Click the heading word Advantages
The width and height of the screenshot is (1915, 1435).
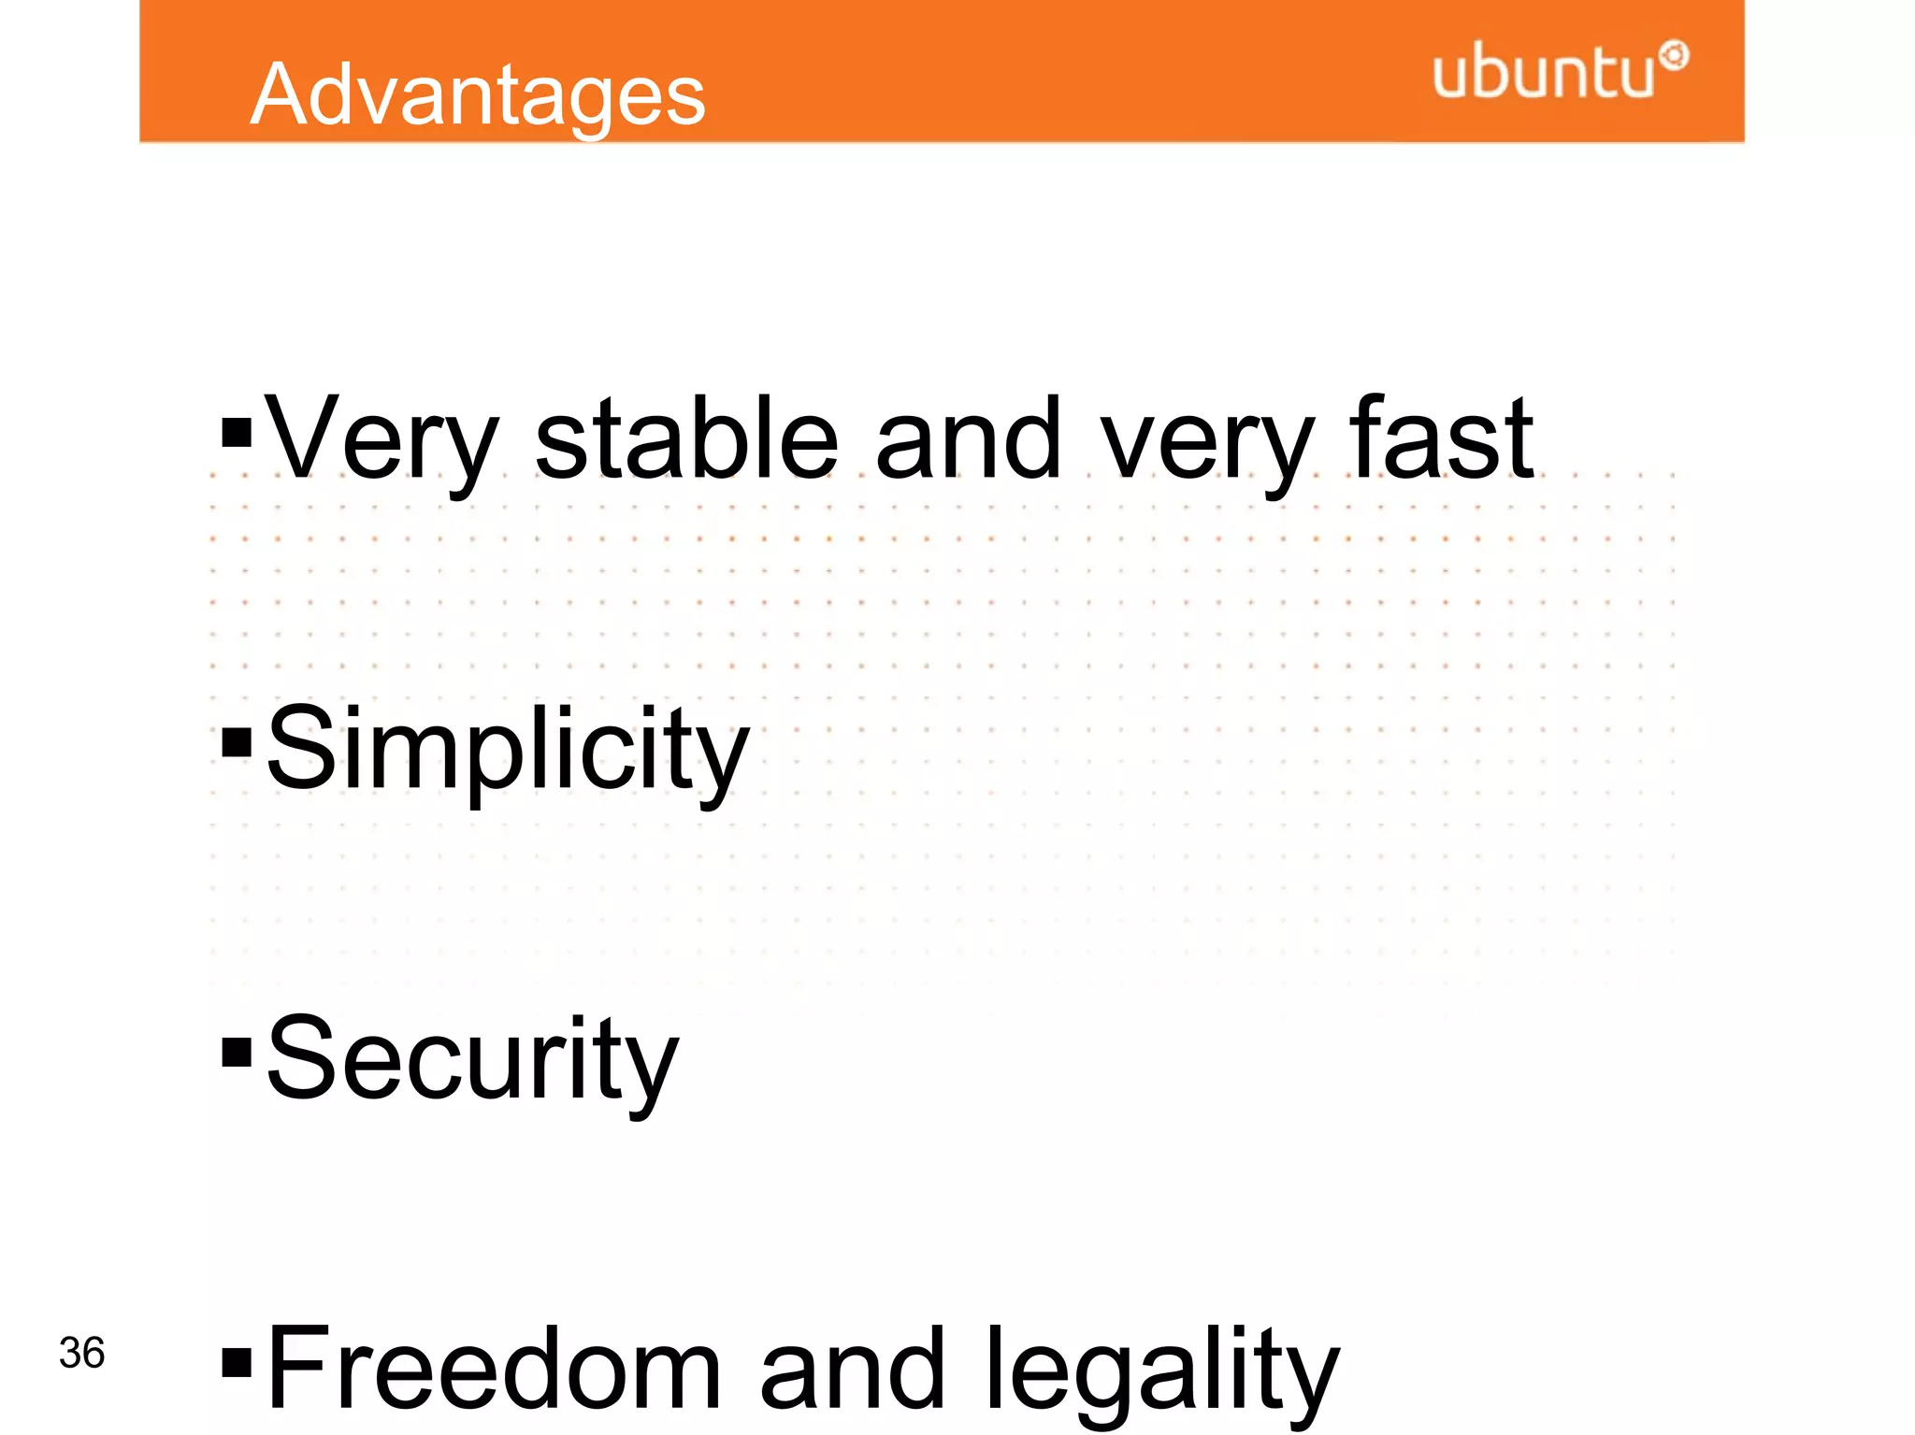coord(478,95)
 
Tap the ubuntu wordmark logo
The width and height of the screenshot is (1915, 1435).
coord(1543,71)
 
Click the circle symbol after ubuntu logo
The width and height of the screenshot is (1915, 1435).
coord(1674,56)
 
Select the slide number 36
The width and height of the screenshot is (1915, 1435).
coord(81,1353)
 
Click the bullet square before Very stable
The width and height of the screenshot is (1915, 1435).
coord(237,433)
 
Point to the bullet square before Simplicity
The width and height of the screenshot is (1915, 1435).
coord(237,743)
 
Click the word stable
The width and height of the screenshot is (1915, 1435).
coord(686,439)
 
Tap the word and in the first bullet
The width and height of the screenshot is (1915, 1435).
coord(969,439)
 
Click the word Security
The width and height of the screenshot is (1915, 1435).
coord(472,1060)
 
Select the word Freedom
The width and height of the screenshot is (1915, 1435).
coord(494,1369)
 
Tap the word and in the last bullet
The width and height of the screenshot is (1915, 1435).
coord(852,1369)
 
